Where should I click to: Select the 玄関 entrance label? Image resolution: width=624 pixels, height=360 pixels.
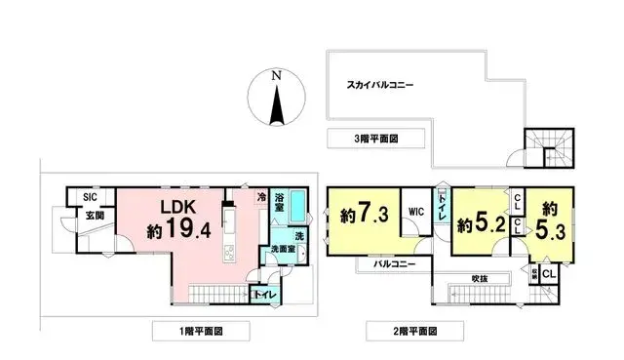point(93,215)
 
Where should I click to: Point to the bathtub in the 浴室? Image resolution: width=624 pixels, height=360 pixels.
point(298,205)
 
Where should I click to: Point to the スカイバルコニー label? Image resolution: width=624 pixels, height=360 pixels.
point(380,85)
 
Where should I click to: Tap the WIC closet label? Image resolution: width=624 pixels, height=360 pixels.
point(415,210)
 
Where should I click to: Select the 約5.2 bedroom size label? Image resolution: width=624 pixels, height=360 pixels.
point(481,222)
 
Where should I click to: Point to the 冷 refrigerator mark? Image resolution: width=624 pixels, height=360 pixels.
point(261,198)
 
